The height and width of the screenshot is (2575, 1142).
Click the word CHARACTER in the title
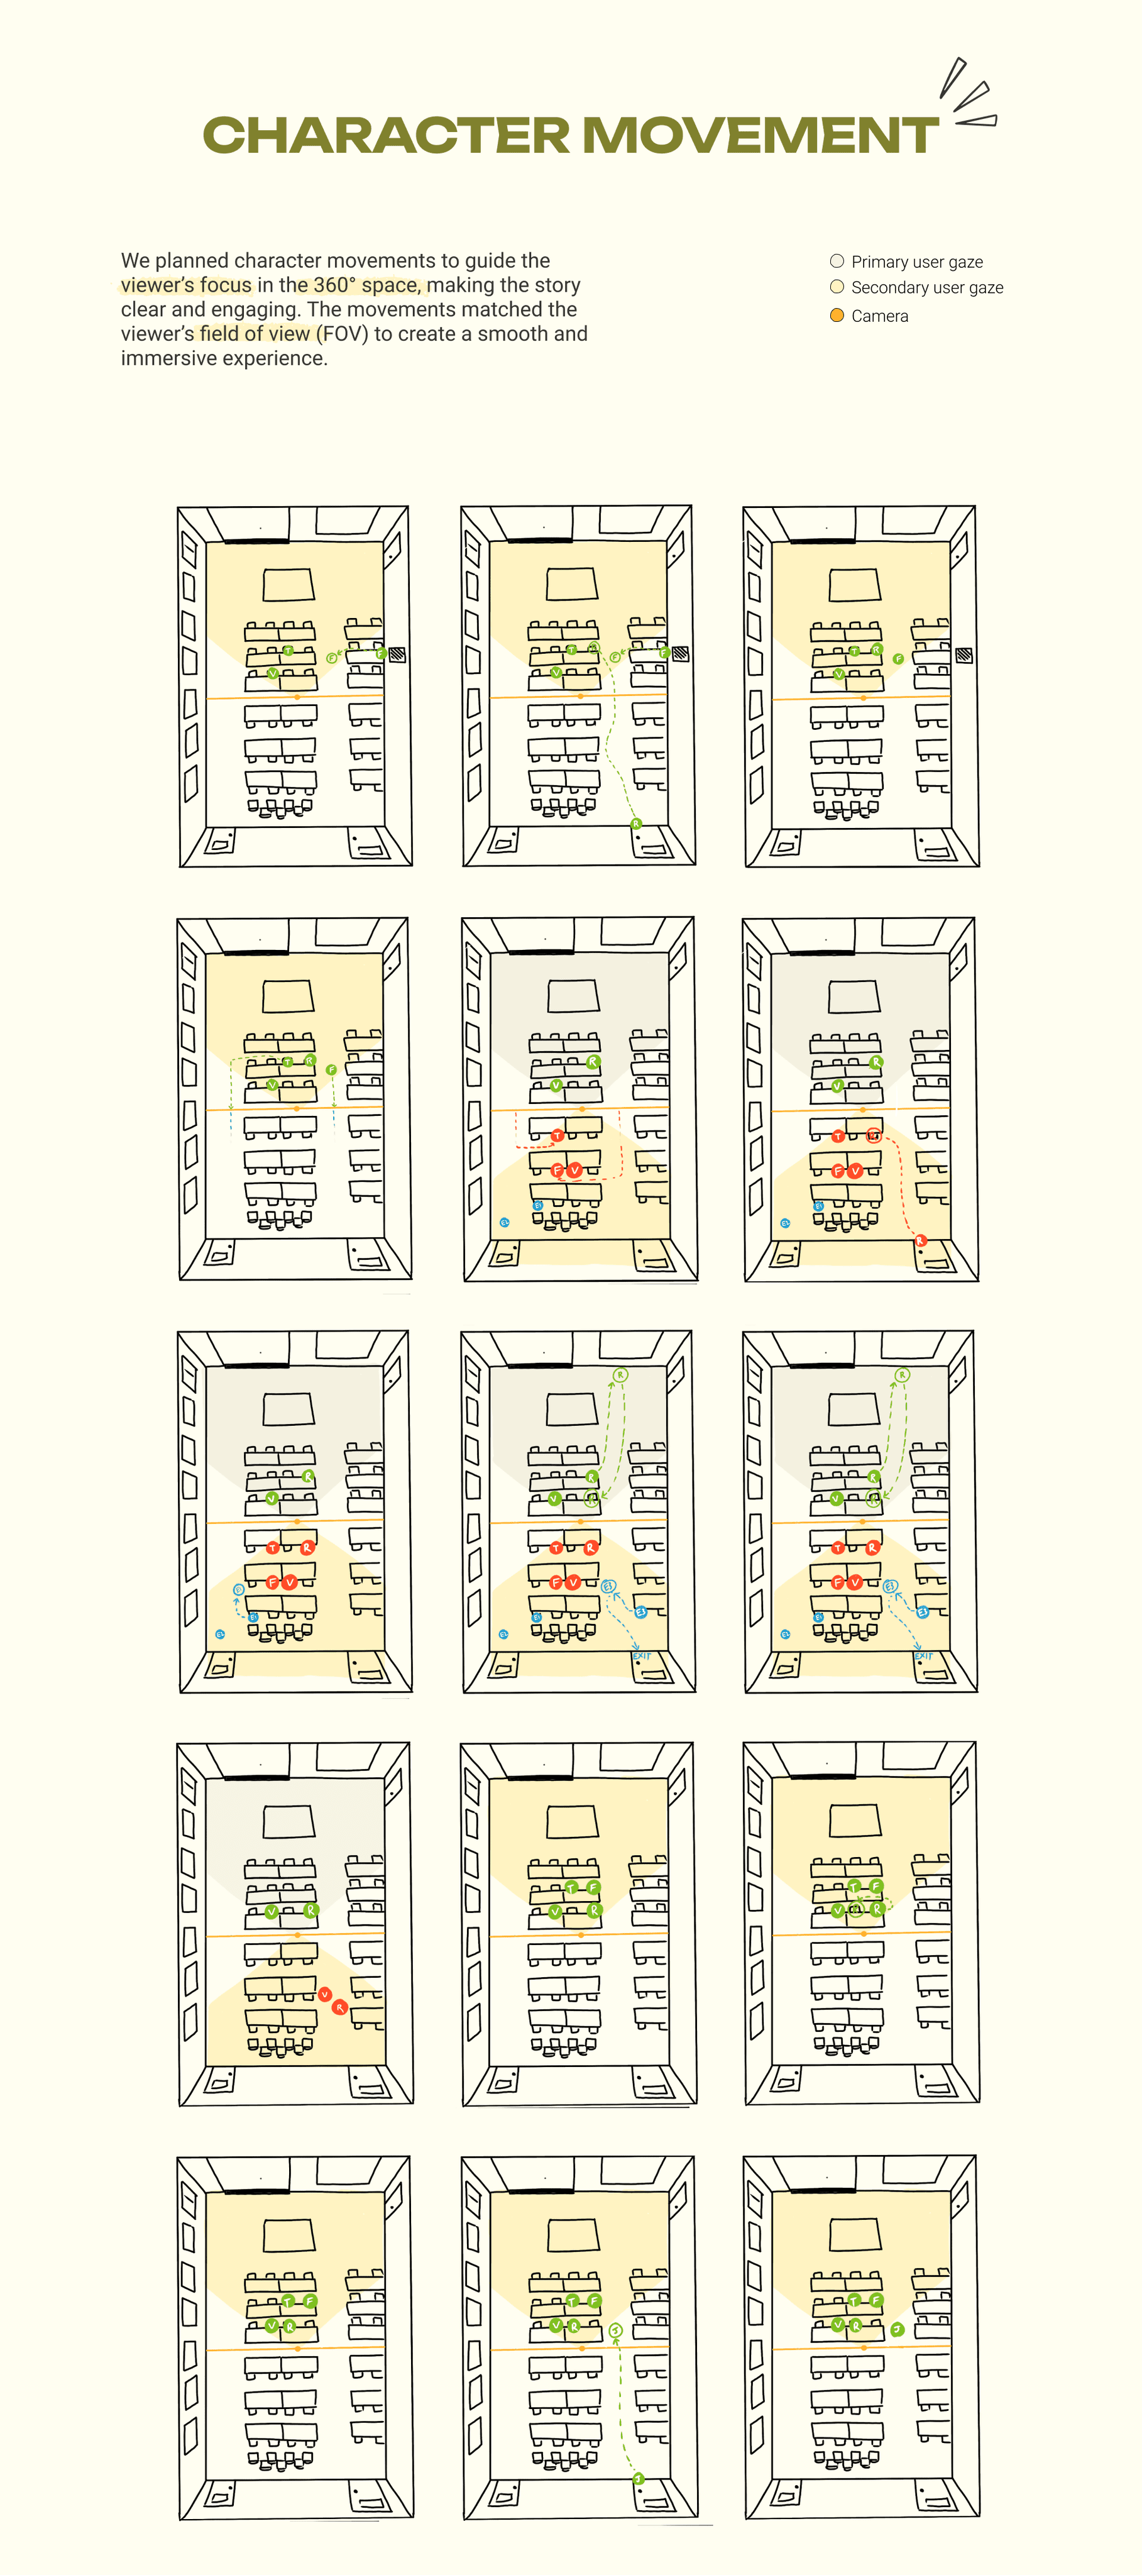pyautogui.click(x=386, y=136)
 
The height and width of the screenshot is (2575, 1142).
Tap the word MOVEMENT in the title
pyautogui.click(x=759, y=136)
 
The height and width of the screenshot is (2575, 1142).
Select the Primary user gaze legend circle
pyautogui.click(x=837, y=261)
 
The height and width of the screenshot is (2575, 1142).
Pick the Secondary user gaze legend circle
pyautogui.click(x=837, y=287)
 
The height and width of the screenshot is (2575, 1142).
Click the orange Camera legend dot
pyautogui.click(x=837, y=315)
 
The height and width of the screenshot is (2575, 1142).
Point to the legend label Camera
pyautogui.click(x=879, y=316)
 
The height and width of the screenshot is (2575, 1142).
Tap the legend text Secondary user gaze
pyautogui.click(x=926, y=288)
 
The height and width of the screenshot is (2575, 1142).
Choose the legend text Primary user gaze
pyautogui.click(x=916, y=262)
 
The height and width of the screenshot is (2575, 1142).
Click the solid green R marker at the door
pyautogui.click(x=635, y=824)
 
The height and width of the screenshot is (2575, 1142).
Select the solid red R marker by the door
pyautogui.click(x=921, y=1240)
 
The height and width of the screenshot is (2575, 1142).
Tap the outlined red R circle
pyautogui.click(x=873, y=1135)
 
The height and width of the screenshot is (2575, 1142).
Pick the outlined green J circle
pyautogui.click(x=615, y=2330)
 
